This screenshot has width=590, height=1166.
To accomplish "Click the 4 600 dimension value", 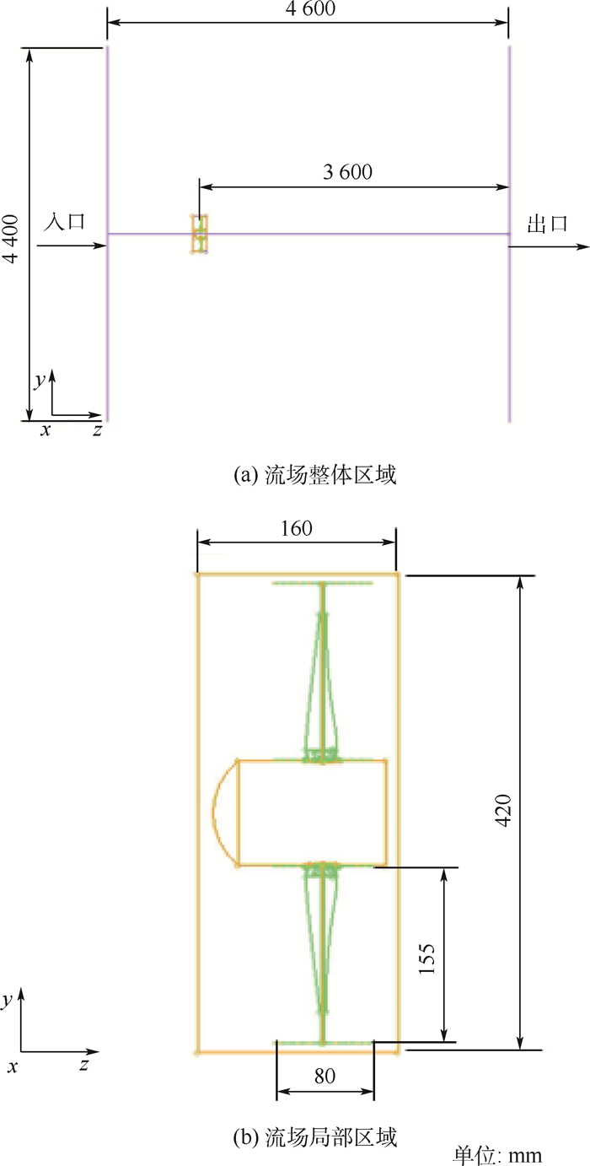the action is [x=310, y=8].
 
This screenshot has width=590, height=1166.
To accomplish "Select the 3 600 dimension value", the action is [x=347, y=172].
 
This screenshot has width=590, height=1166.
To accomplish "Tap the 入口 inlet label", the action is [x=64, y=221].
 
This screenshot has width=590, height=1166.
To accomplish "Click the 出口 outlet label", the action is [x=547, y=224].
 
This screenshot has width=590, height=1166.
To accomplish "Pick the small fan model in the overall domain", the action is [x=200, y=234].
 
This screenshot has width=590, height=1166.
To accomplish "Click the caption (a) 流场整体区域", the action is [x=315, y=475].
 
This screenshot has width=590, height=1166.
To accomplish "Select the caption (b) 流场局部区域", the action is [x=315, y=1137].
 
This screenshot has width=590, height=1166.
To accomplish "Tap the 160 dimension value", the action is [x=297, y=528].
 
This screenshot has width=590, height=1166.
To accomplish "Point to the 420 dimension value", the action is [x=502, y=810].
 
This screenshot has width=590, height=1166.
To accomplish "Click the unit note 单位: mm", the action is [x=497, y=1156].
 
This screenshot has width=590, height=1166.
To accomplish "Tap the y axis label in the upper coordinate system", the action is [x=39, y=381].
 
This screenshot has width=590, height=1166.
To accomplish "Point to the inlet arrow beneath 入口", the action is [x=72, y=245].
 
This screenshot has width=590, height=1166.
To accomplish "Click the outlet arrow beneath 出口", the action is [x=549, y=246].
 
